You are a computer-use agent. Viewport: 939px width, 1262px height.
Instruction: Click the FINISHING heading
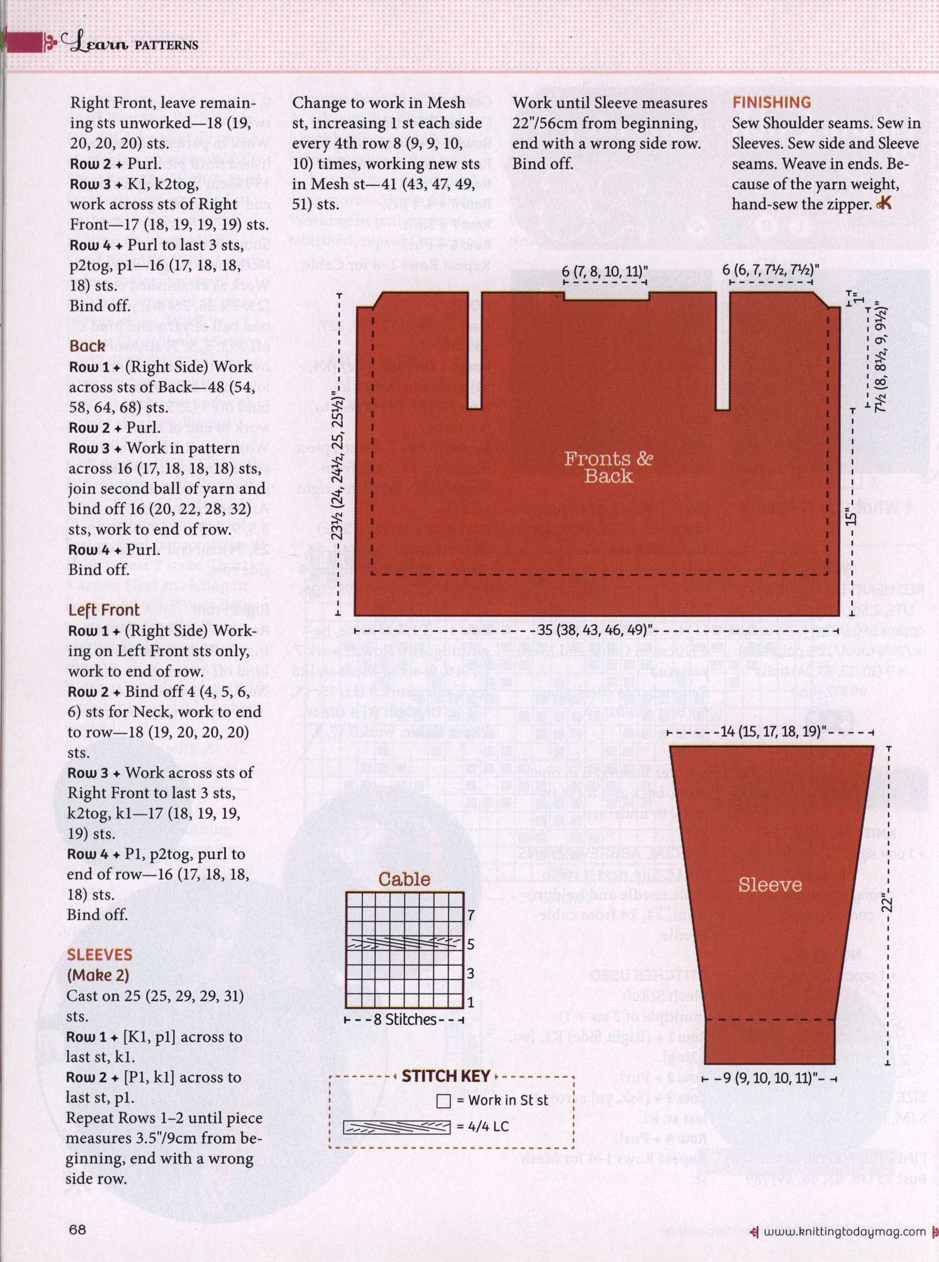[x=771, y=103]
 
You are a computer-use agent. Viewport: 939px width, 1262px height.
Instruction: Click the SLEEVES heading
[x=99, y=955]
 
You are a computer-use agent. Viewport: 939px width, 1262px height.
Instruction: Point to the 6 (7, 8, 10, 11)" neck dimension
[x=605, y=271]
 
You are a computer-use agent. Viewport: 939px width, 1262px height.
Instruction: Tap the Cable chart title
[x=404, y=879]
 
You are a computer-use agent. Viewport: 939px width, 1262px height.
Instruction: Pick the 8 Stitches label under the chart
[x=405, y=1019]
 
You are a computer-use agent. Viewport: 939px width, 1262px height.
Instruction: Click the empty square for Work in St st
[x=444, y=1101]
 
